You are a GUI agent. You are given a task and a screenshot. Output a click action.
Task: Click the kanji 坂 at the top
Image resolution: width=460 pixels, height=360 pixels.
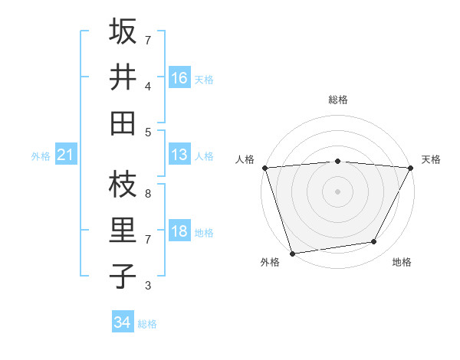[x=123, y=32]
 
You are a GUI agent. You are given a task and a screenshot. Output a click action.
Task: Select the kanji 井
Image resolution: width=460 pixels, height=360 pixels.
[x=123, y=77]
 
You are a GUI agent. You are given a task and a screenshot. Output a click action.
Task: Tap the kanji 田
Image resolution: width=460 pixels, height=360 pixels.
[x=123, y=123]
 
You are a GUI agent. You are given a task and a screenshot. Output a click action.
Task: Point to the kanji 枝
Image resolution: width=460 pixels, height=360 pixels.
[x=123, y=185]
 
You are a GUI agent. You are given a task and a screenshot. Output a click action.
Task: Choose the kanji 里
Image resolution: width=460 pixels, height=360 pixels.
[x=123, y=231]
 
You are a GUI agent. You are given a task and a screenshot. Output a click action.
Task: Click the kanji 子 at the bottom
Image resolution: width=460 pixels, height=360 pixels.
[x=123, y=276]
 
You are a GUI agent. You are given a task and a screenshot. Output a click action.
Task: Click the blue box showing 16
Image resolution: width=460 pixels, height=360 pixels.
[x=179, y=77]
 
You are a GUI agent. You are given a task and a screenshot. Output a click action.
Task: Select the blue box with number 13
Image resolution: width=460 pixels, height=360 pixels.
[x=179, y=155]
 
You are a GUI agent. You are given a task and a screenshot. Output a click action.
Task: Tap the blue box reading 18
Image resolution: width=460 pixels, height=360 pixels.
[x=179, y=232]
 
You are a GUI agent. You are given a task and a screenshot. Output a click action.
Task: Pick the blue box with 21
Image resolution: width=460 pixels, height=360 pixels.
[x=66, y=155]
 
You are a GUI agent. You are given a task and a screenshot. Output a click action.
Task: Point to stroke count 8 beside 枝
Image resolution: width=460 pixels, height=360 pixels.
[x=148, y=194]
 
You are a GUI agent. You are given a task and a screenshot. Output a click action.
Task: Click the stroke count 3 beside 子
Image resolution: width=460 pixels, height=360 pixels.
[x=148, y=286]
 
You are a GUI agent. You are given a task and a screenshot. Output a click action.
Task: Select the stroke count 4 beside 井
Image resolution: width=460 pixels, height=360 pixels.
[x=148, y=86]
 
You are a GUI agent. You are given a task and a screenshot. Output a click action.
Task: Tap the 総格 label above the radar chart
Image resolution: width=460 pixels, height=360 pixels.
[x=338, y=100]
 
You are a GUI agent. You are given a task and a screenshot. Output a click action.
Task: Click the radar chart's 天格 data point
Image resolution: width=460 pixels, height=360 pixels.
[x=412, y=167]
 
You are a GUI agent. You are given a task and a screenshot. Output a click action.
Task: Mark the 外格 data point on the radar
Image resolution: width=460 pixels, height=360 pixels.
[x=292, y=254]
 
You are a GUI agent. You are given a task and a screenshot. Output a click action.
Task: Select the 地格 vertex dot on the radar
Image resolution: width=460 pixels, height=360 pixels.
[x=374, y=242]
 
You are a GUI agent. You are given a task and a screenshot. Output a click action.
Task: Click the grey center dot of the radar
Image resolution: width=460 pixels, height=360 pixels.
[x=337, y=191]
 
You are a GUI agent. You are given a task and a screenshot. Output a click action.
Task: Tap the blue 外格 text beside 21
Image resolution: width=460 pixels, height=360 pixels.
[x=41, y=156]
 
